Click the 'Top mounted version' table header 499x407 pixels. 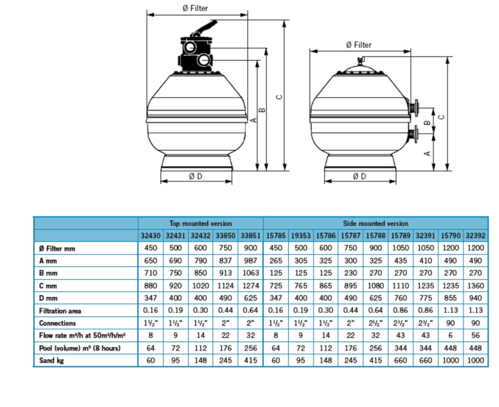pyautogui.click(x=200, y=223)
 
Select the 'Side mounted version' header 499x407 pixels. pyautogui.click(x=377, y=223)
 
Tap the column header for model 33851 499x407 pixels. pyautogui.click(x=250, y=235)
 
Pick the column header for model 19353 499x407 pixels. pyautogui.click(x=301, y=235)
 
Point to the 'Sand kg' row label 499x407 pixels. pyautogui.click(x=49, y=361)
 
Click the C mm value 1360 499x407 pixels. pyautogui.click(x=475, y=286)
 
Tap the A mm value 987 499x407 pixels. pyautogui.click(x=250, y=261)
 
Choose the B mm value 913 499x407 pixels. pyautogui.click(x=225, y=273)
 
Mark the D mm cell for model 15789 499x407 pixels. pyautogui.click(x=401, y=298)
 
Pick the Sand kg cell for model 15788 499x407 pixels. pyautogui.click(x=376, y=361)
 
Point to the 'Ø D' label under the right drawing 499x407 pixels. pyautogui.click(x=359, y=176)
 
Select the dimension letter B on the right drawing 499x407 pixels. pyautogui.click(x=426, y=122)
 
